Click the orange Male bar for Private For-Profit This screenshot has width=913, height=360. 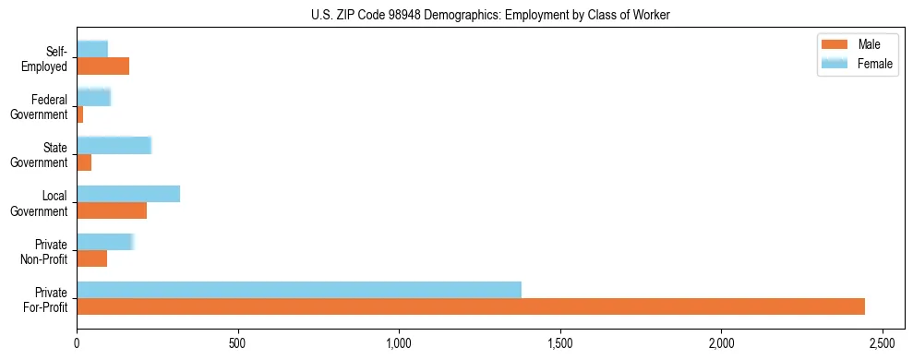[471, 306]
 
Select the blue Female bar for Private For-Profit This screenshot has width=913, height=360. [299, 290]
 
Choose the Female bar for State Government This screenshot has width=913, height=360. [114, 145]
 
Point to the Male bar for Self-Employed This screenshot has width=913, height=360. [103, 66]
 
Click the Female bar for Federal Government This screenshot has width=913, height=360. [93, 97]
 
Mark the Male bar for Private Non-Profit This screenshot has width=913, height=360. [92, 258]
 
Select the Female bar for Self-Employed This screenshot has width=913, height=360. [92, 49]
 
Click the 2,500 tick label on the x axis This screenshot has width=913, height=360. [883, 342]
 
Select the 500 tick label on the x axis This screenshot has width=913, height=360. [238, 342]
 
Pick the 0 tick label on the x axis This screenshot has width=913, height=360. [77, 342]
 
